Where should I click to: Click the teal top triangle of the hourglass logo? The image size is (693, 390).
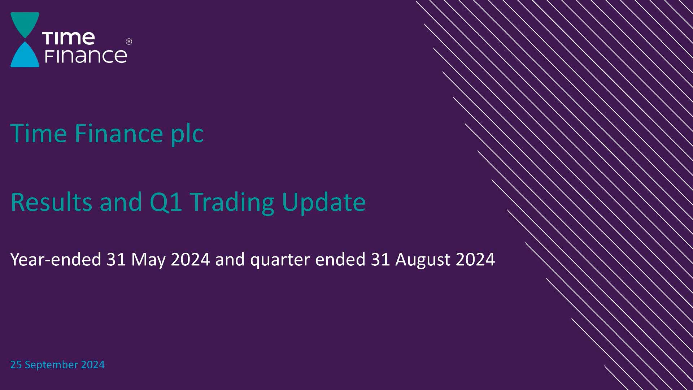(25, 22)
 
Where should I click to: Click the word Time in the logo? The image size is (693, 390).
(69, 38)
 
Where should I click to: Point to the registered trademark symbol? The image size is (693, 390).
(129, 42)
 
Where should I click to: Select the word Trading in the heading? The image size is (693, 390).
(232, 203)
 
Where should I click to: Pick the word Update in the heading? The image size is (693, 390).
(324, 203)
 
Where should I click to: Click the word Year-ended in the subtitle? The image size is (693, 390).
(56, 259)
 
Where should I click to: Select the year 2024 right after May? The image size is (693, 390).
(190, 259)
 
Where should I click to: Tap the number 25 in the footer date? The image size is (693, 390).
(16, 365)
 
